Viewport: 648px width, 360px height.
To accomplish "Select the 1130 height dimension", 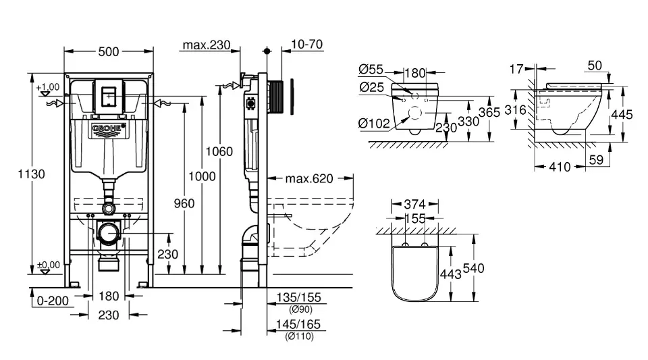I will pyautogui.click(x=32, y=174).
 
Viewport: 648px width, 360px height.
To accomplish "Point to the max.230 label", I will pyautogui.click(x=206, y=45).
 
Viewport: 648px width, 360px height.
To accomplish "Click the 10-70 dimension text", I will pyautogui.click(x=306, y=45).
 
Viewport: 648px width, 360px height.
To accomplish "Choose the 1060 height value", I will pyautogui.click(x=221, y=151).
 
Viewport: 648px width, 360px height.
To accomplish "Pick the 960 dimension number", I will pyautogui.click(x=183, y=203).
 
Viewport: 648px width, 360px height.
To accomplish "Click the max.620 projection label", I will pyautogui.click(x=309, y=179).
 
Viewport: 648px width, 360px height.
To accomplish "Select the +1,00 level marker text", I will pyautogui.click(x=49, y=87).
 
